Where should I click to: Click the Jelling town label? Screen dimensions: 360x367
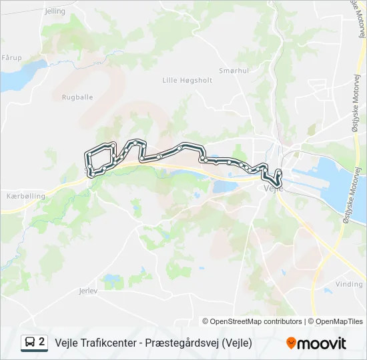[x=55, y=11]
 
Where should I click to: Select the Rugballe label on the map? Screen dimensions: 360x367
[x=77, y=97]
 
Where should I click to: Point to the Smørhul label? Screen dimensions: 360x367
[x=234, y=69]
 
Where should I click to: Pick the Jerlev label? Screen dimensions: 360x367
[x=88, y=291]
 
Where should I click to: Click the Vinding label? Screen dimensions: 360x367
[x=349, y=284]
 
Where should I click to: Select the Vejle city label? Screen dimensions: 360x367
[x=274, y=189]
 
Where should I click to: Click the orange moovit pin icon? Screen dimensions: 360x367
[x=291, y=343]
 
